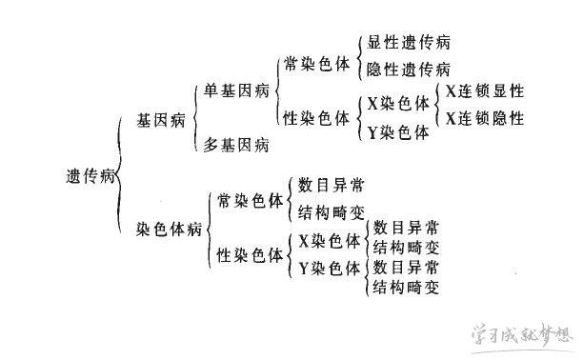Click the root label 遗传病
pyautogui.click(x=90, y=177)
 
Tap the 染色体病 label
pyautogui.click(x=169, y=230)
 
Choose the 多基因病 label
pyautogui.click(x=235, y=145)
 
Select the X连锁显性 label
pyautogui.click(x=484, y=90)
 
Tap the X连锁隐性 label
pyautogui.click(x=484, y=118)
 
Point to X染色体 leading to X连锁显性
pyautogui.click(x=397, y=103)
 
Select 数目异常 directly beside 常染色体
pyautogui.click(x=331, y=184)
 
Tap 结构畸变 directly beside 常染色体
pyautogui.click(x=331, y=210)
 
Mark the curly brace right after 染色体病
pyautogui.click(x=208, y=229)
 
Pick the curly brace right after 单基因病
pyautogui.click(x=275, y=90)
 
